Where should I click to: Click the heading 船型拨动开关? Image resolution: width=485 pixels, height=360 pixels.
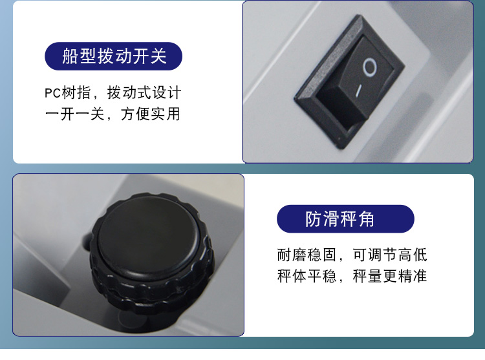point(114,56)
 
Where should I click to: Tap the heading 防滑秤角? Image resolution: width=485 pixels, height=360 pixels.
point(339,219)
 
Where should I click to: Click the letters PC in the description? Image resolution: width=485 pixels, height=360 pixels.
point(52,93)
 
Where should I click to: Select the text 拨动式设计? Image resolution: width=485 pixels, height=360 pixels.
point(144,92)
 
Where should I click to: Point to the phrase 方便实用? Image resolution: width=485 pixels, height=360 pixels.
point(150,114)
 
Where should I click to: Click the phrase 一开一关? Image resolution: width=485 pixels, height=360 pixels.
point(74,114)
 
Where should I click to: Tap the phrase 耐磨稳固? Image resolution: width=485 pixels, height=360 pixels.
point(307,255)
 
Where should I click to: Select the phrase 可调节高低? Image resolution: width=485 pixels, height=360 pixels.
point(390,255)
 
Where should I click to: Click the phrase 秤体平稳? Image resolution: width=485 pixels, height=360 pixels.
point(307,275)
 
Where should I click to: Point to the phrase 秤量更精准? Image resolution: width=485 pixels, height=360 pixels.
point(390,275)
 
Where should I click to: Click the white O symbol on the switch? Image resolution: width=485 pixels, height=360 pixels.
point(370,67)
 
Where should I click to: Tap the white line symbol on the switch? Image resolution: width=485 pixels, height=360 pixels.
point(359,90)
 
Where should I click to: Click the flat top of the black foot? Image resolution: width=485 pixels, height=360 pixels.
point(149,235)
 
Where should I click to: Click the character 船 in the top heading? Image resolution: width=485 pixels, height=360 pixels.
point(70,56)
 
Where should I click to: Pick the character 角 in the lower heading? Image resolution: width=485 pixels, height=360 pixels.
point(367,219)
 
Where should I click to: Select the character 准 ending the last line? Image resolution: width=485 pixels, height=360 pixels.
point(420,275)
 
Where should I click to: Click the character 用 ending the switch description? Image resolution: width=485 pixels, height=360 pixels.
point(173,114)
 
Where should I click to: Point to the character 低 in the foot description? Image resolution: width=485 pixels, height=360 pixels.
point(420,255)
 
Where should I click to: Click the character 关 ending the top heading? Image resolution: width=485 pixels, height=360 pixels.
point(158,56)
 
